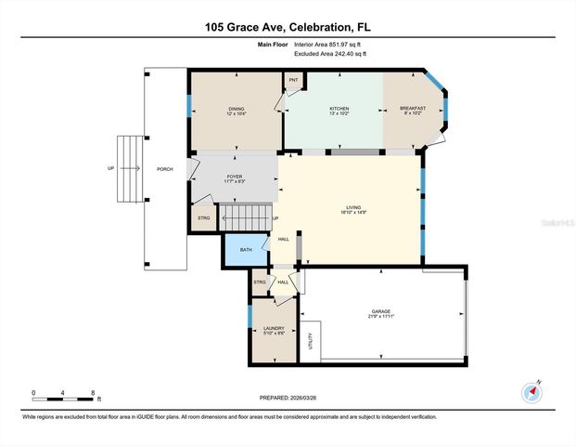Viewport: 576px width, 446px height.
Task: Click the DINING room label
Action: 237,110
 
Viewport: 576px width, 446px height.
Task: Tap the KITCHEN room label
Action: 339,110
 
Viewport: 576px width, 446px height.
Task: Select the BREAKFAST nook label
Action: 413,109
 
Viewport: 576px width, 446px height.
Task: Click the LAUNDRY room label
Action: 274,329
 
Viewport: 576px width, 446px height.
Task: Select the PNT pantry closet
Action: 293,81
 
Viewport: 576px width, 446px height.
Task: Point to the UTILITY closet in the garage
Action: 313,340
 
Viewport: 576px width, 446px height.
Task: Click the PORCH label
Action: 164,169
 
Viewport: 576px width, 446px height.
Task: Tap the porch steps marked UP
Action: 131,168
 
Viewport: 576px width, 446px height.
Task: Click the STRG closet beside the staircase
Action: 204,218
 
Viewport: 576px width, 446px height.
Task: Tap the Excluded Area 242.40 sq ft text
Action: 330,54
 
